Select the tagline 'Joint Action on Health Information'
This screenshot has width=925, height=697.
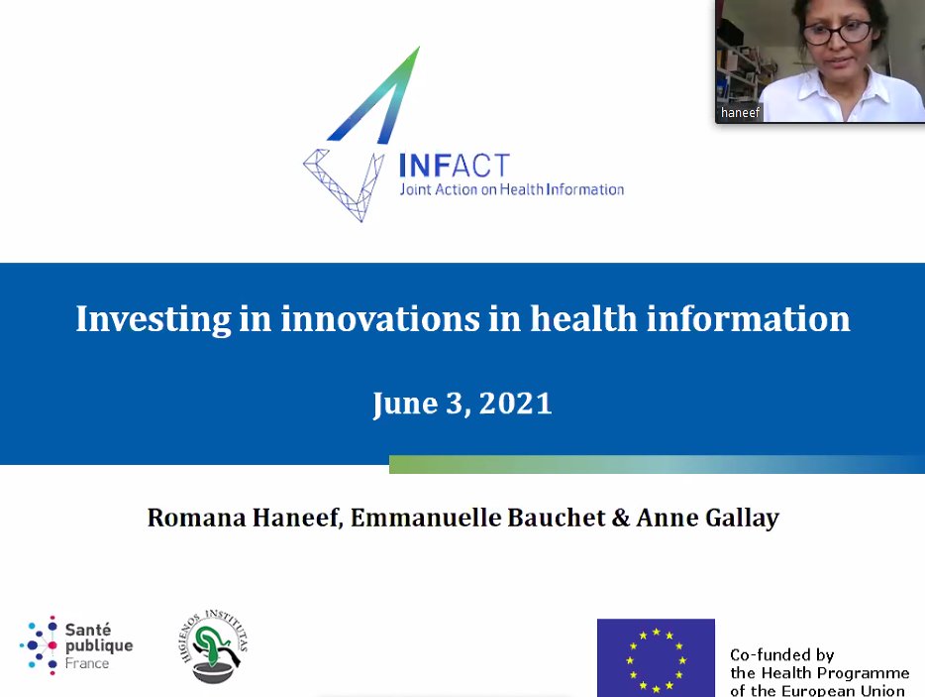coord(510,189)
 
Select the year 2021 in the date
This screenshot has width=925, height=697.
coord(515,404)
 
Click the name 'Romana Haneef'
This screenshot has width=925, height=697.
coord(245,518)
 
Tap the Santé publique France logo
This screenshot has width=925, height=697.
coord(76,644)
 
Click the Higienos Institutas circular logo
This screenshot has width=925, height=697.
coord(217,646)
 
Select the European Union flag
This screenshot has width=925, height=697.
coord(656,657)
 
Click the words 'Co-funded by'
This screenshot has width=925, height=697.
coord(781,655)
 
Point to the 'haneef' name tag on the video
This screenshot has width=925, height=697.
coord(740,113)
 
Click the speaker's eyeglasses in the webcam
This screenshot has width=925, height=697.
coord(837,32)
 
